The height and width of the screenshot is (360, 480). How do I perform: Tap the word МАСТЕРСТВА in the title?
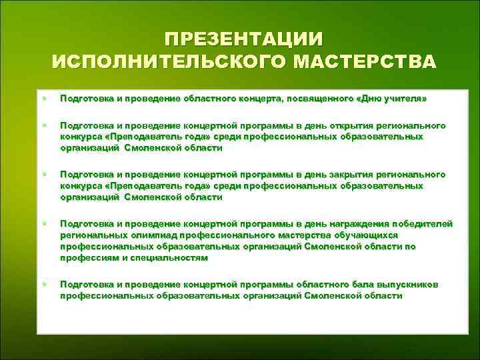tap(365, 62)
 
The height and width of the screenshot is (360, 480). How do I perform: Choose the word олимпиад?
tap(137, 235)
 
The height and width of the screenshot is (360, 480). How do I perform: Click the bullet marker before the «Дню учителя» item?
tap(44, 99)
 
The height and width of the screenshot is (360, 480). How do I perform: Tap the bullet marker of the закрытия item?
tap(44, 174)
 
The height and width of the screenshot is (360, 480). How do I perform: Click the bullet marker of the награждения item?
tap(44, 223)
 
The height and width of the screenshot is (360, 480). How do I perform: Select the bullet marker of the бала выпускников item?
tap(44, 285)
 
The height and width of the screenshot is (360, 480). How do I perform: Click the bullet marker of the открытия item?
tap(44, 126)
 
